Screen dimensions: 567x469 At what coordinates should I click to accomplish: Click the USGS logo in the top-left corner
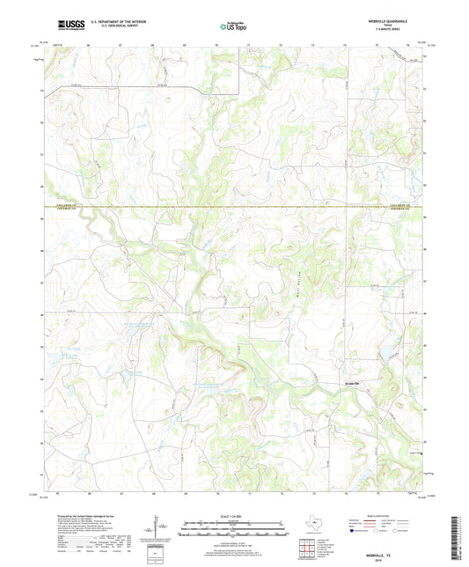[x=67, y=25]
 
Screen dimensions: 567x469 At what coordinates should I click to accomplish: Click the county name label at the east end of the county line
[x=401, y=208]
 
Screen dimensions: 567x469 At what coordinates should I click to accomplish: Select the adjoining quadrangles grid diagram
[x=306, y=551]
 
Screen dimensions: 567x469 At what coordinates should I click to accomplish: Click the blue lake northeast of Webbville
[x=385, y=355]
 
